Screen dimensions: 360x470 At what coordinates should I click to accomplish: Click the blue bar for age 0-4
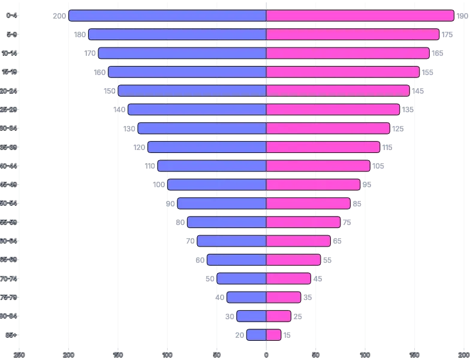click(x=167, y=16)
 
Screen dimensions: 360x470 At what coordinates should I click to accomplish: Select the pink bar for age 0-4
click(x=360, y=16)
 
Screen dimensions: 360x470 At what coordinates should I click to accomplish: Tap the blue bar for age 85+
click(x=256, y=335)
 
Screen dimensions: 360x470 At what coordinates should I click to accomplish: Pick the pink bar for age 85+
click(x=273, y=335)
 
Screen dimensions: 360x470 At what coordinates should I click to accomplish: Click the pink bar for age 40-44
click(x=318, y=166)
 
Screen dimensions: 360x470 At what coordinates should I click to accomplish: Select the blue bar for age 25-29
click(x=197, y=110)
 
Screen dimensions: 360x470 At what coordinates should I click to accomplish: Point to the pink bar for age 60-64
click(x=298, y=241)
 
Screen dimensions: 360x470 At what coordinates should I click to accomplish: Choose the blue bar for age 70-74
click(x=242, y=278)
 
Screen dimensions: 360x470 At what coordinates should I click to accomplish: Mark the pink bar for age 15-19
click(x=343, y=72)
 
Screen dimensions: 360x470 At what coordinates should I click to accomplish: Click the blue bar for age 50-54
click(x=221, y=203)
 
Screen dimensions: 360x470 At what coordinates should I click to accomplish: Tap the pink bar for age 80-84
click(x=279, y=316)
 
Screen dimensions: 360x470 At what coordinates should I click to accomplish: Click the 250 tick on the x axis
click(x=19, y=355)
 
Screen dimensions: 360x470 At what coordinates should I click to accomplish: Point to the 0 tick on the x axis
click(x=266, y=355)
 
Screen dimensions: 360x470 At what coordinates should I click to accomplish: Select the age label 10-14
click(x=10, y=53)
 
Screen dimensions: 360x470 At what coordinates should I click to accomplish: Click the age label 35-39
click(x=10, y=147)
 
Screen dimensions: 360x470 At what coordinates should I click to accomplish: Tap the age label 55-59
click(x=10, y=222)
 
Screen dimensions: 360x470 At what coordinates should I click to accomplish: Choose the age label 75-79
click(x=10, y=297)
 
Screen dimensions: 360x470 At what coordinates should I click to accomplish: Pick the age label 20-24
click(x=10, y=91)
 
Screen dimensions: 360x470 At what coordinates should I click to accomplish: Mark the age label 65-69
click(x=10, y=259)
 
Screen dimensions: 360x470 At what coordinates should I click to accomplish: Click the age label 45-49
click(x=10, y=184)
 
